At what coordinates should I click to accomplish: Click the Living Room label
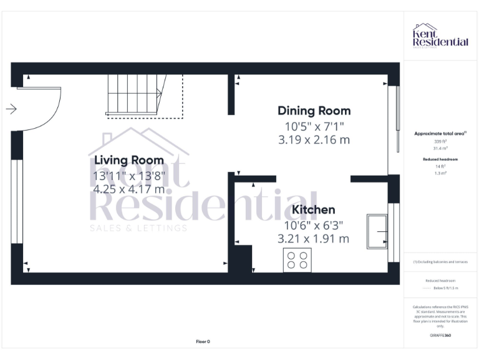129,161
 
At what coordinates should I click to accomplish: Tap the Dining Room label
314,111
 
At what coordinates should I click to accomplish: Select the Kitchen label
314,210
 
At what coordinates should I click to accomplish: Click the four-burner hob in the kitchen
298,260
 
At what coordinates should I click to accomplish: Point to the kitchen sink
377,231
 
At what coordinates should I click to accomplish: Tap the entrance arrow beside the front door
11,109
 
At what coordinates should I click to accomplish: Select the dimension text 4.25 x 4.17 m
129,189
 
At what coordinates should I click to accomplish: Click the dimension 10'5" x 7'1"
314,126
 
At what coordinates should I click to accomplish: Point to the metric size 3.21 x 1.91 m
314,239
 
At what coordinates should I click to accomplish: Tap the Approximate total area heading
440,134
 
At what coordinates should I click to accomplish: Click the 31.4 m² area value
440,149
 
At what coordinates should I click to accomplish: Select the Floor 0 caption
203,341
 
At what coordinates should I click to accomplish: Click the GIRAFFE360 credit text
440,336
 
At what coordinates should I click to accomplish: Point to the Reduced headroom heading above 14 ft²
440,160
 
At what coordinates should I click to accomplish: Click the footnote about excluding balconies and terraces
440,262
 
